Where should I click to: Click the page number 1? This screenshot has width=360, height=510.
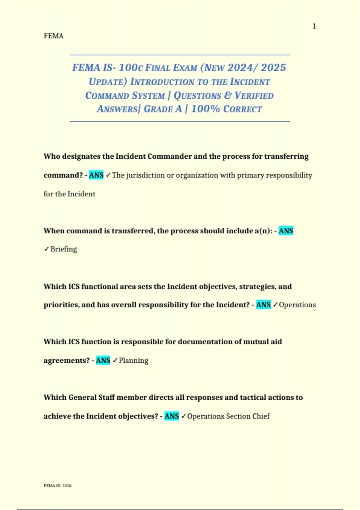click(314, 26)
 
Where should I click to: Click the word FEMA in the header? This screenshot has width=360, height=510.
click(53, 36)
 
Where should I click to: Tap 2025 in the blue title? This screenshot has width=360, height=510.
click(273, 67)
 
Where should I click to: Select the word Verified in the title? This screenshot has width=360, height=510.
click(254, 95)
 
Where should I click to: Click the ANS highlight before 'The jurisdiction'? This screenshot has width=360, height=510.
click(96, 175)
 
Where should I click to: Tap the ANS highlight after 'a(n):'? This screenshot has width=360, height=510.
click(286, 231)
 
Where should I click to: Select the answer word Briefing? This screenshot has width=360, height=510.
click(64, 249)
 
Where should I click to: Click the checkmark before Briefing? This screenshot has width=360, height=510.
click(46, 249)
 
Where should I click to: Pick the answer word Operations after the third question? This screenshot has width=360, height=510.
click(297, 305)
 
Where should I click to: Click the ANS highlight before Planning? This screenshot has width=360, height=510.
click(103, 360)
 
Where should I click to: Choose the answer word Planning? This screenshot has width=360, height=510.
click(133, 361)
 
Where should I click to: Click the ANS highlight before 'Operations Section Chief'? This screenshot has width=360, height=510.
click(172, 416)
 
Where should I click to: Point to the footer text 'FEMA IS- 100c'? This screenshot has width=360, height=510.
click(58, 485)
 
